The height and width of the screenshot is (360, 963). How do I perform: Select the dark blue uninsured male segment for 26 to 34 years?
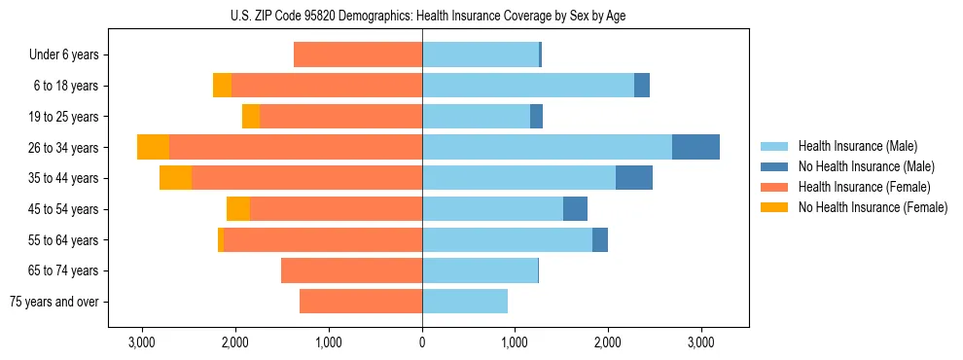tap(695, 147)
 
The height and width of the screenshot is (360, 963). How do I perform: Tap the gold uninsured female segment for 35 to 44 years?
tap(175, 178)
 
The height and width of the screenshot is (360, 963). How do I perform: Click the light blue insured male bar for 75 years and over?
tap(465, 302)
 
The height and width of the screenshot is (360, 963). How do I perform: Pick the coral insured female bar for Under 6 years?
tap(358, 54)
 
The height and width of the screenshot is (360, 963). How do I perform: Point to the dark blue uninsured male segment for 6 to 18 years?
tap(642, 86)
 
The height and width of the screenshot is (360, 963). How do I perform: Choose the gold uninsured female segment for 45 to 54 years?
tap(238, 209)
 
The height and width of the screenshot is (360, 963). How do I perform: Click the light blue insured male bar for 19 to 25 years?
tap(476, 117)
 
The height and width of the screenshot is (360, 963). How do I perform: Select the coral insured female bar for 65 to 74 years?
tap(351, 270)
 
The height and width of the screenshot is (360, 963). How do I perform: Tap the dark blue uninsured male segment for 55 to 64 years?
tap(600, 239)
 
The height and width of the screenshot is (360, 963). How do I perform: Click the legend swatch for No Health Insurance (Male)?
tap(774, 166)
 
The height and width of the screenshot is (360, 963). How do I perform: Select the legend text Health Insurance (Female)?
tap(864, 187)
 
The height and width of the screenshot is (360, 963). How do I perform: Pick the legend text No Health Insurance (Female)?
tap(873, 207)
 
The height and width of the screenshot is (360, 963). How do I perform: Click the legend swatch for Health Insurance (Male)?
tap(774, 146)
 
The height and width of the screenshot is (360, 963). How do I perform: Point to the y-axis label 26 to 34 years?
tap(63, 148)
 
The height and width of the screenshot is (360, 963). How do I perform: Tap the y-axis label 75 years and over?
tap(54, 302)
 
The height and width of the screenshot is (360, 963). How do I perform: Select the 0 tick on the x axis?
tap(422, 342)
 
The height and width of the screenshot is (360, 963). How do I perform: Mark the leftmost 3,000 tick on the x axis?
tap(142, 342)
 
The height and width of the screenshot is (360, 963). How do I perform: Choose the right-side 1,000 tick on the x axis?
tap(515, 342)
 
